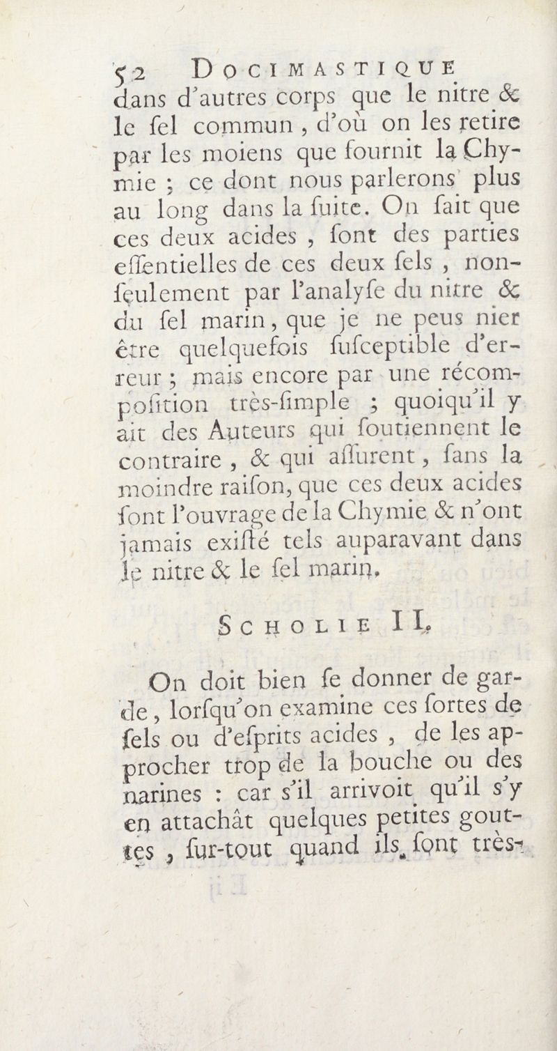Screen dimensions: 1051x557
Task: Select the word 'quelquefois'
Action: (255, 348)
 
